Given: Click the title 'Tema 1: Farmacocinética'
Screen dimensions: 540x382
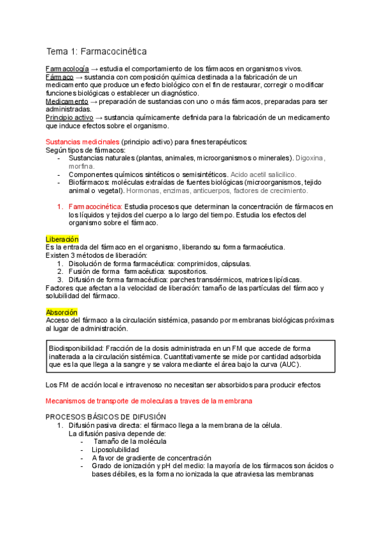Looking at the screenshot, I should coord(96,51).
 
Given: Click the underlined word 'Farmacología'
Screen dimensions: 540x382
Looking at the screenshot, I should coord(67,69).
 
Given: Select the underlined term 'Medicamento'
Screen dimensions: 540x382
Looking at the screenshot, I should coord(67,101).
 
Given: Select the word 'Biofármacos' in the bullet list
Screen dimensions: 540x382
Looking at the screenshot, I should coord(91,182).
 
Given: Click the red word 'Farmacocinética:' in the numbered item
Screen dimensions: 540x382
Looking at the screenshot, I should coord(95,207).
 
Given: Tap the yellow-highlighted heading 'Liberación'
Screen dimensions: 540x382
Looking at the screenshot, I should coord(62,239).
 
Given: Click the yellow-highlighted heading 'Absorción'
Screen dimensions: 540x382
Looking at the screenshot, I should coord(62,313).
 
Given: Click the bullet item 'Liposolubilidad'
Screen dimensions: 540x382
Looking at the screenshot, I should coord(115,450).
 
